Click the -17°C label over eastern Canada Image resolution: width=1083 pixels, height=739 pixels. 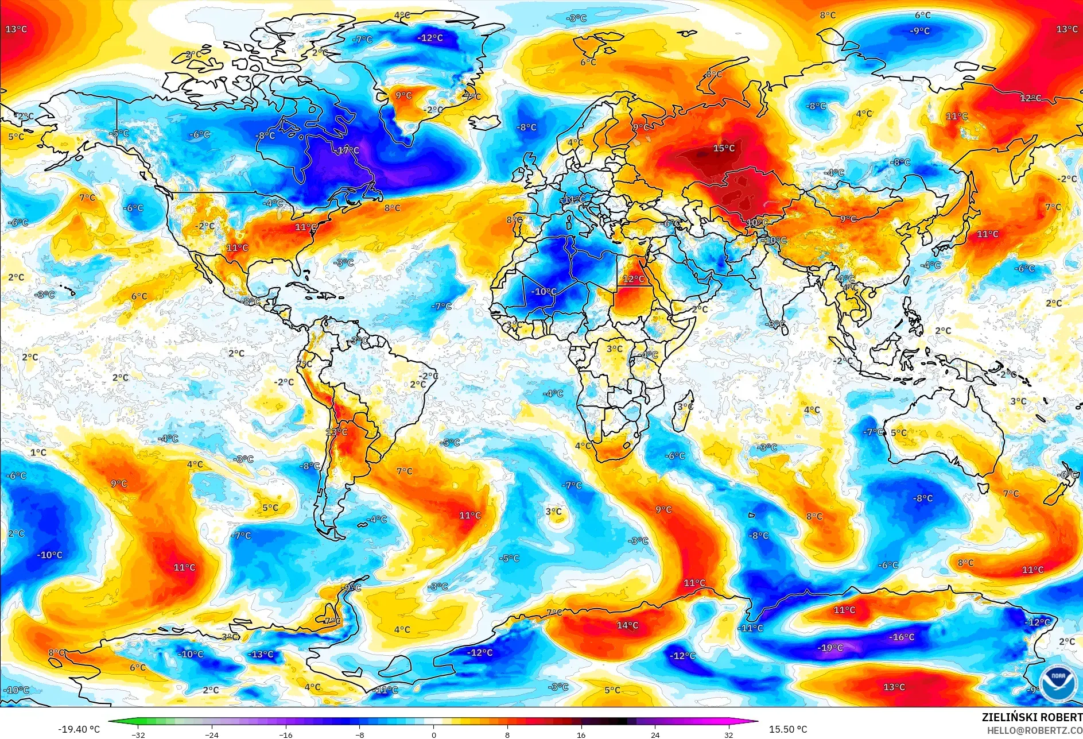coord(347,150)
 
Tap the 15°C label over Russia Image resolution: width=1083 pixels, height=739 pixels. coord(723,148)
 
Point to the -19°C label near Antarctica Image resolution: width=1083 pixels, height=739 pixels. coord(830,648)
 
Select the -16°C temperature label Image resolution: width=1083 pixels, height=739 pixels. coord(901,637)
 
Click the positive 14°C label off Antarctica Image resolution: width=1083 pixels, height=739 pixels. coord(627,625)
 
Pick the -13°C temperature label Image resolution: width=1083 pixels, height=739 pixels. coord(261,654)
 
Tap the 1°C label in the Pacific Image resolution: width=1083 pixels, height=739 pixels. coord(38,452)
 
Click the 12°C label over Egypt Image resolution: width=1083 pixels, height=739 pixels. coord(634,279)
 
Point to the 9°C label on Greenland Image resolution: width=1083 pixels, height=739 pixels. coord(403,95)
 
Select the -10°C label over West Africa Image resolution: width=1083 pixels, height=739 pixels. coord(544,292)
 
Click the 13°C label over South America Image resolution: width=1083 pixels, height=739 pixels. coord(336,432)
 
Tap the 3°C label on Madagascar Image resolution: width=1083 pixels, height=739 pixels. coord(685,407)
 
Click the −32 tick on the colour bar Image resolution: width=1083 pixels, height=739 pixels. coord(138,734)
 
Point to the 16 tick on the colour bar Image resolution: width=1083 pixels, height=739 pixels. coord(581,734)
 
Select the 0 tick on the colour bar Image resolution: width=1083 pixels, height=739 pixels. coord(433,734)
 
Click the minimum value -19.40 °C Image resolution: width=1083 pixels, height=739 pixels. coord(79,729)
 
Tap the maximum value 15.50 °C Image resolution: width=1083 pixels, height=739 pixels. coord(787,729)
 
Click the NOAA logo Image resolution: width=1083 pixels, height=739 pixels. coord(1058,683)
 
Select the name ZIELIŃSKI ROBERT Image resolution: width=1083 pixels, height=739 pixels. coord(1031,717)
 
